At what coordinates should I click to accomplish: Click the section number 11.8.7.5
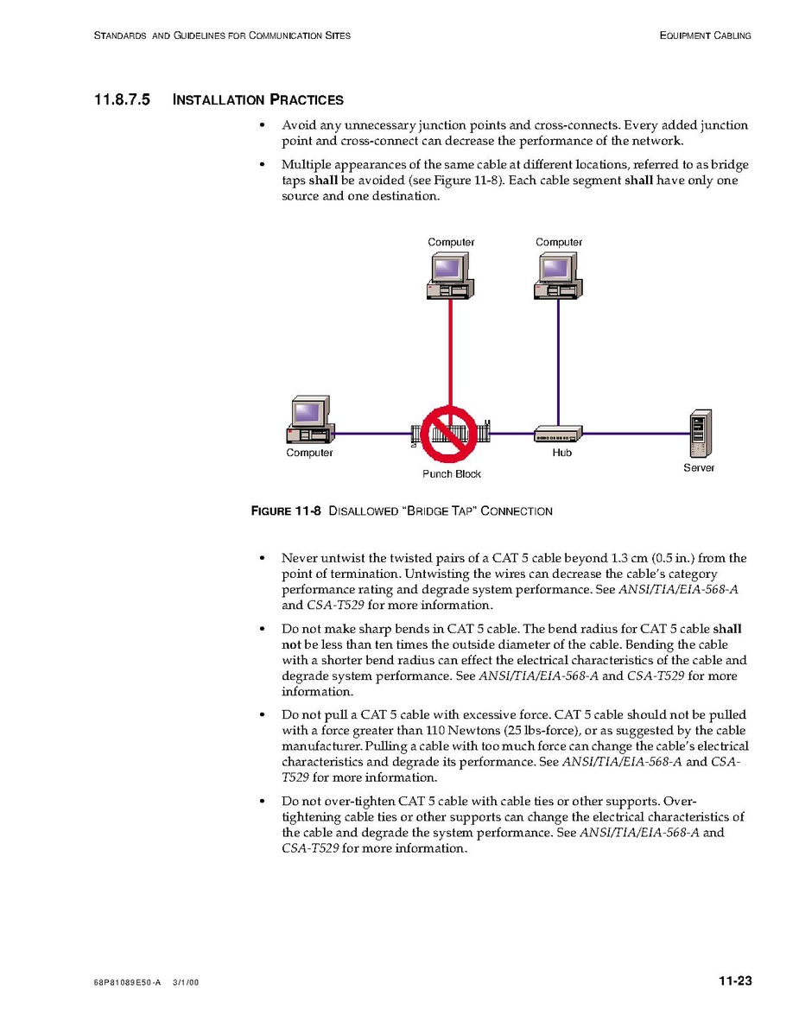122,99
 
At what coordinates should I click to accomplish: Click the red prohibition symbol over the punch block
449,434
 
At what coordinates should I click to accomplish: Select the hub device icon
558,434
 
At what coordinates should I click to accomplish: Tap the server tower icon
701,434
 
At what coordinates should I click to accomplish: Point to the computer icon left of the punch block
310,420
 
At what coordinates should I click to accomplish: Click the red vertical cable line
450,353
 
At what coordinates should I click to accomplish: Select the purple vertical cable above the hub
558,363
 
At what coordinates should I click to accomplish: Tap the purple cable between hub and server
636,434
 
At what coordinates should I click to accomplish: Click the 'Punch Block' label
452,473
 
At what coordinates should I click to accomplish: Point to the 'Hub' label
561,453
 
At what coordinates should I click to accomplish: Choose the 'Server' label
699,467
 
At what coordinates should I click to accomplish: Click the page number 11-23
735,980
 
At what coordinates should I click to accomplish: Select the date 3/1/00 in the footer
185,982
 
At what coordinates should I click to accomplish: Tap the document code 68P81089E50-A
127,982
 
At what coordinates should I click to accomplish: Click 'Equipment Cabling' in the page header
706,35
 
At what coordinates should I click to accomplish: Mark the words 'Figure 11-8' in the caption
286,511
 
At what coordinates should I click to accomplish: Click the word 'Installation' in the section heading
219,99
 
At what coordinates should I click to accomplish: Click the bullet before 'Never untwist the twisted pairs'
263,559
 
